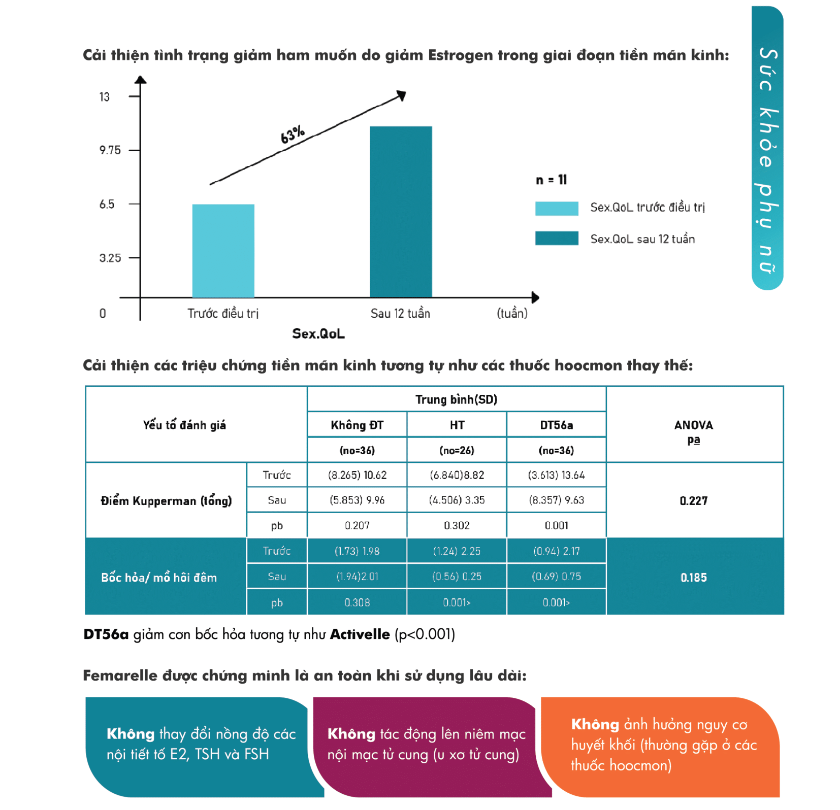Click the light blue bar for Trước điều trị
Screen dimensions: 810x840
[x=223, y=251]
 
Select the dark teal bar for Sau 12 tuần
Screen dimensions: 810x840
[x=400, y=212]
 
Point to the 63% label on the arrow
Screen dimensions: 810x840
[x=293, y=135]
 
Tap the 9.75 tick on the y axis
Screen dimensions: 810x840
[x=110, y=150]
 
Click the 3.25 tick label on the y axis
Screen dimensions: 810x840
[x=110, y=258]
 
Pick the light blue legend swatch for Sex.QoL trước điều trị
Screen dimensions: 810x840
[x=556, y=208]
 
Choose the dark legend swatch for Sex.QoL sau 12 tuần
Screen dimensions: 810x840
[x=556, y=239]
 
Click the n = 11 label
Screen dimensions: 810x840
[x=551, y=180]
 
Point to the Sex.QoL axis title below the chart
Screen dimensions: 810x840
[x=318, y=334]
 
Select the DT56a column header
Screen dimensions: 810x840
[x=556, y=425]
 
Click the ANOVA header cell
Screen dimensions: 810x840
[x=693, y=425]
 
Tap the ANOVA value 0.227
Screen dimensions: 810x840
[x=693, y=501]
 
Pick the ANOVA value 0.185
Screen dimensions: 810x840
[x=693, y=578]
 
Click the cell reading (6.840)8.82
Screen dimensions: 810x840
[x=457, y=476]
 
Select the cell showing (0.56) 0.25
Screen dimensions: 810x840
[x=457, y=577]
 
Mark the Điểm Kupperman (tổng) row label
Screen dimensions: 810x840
[x=166, y=501]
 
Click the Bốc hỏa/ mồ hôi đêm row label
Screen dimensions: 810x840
[x=159, y=578]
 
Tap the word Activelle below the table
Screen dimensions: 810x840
[x=360, y=634]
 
